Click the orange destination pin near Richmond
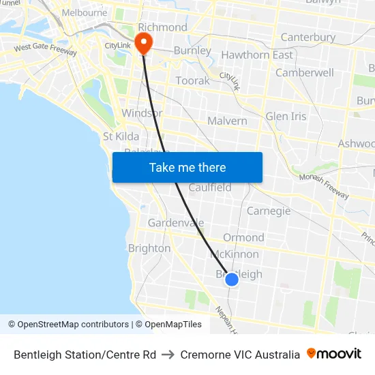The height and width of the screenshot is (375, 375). click(144, 43)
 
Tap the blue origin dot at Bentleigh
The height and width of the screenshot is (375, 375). click(232, 279)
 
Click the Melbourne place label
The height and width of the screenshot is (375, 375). click(84, 12)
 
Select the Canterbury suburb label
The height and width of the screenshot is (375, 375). click(308, 37)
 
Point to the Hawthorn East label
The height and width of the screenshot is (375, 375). click(257, 55)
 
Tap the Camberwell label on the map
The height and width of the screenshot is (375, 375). click(304, 72)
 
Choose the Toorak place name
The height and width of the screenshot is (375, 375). click(193, 80)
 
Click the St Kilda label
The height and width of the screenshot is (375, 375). click(121, 136)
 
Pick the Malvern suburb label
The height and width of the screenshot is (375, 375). click(227, 121)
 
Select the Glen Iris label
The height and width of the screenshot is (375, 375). click(286, 116)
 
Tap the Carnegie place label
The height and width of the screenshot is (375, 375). click(268, 211)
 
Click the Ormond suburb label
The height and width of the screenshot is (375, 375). click(243, 237)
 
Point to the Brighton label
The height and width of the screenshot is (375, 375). click(149, 248)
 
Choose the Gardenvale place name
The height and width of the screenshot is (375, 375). click(176, 223)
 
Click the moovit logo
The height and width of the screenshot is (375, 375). click(334, 354)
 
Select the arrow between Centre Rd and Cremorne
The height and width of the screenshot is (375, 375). click(168, 355)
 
